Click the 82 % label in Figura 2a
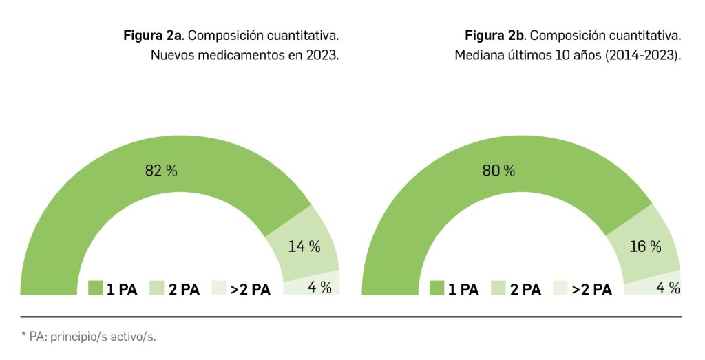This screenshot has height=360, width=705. click(161, 171)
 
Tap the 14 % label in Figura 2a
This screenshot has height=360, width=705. click(304, 246)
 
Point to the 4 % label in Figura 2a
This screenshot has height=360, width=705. click(320, 287)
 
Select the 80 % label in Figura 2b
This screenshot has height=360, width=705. click(498, 171)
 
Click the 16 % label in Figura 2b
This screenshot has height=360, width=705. click(645, 246)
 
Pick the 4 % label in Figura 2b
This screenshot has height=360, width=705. click(668, 288)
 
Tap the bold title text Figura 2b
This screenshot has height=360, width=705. click(494, 35)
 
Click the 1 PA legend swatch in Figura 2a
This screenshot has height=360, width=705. click(95, 288)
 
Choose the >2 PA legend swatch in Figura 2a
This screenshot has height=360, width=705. click(220, 288)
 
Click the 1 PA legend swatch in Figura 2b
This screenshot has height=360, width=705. click(436, 288)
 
